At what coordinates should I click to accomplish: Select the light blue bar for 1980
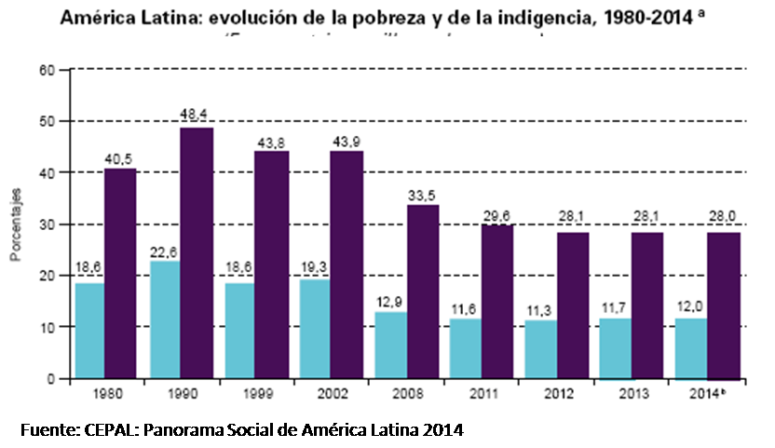89,331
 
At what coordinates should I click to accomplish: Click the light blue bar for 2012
540,349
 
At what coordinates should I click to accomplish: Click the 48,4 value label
196,114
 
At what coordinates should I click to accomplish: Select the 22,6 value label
165,249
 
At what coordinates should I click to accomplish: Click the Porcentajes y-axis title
16,225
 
